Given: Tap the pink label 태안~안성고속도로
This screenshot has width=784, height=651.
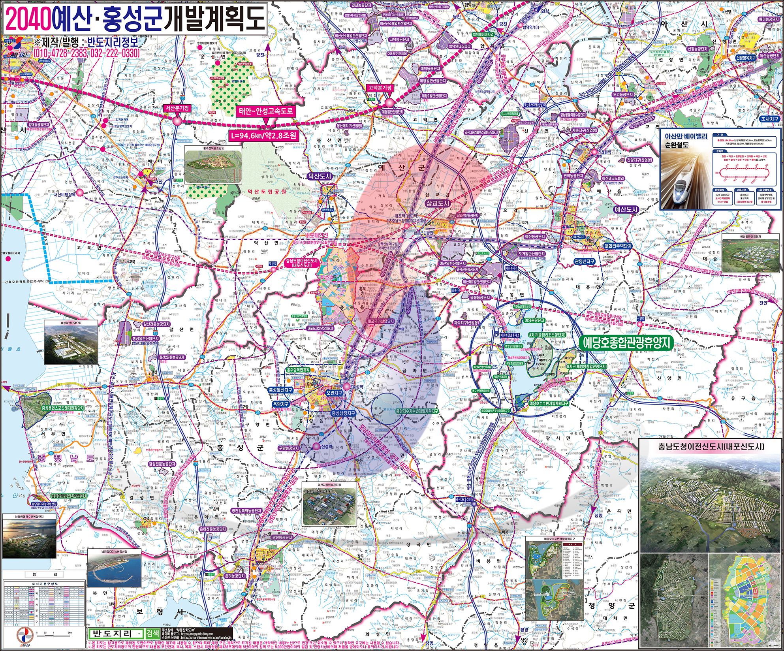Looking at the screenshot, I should [x=266, y=111].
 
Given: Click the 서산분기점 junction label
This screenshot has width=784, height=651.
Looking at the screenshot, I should [x=177, y=108].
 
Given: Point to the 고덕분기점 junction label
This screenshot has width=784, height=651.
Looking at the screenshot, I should [x=380, y=88].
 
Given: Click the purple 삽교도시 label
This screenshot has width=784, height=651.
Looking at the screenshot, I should [x=438, y=203].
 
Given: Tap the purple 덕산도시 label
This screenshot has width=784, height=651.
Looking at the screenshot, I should [x=320, y=176].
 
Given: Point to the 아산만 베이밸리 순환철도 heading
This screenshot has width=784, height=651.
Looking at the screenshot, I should [x=686, y=140].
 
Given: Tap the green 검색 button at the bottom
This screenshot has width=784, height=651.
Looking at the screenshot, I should [x=152, y=634].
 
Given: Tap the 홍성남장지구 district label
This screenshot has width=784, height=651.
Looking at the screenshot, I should [x=343, y=413].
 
